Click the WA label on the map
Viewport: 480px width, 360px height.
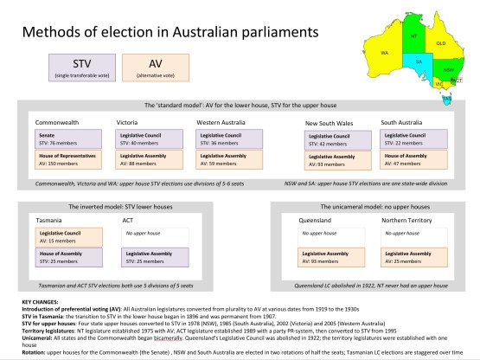(384, 53)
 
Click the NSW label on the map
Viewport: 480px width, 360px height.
(447, 69)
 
